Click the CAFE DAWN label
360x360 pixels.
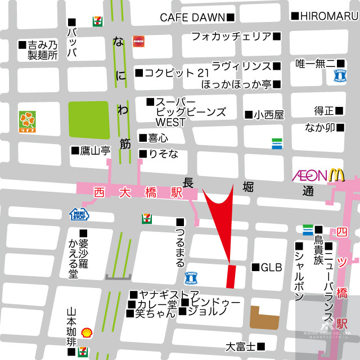[x=192, y=17]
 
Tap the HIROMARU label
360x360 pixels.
[x=328, y=17]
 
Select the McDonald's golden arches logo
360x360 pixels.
[x=336, y=175]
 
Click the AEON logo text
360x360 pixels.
[x=309, y=175]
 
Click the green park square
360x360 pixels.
[x=89, y=120]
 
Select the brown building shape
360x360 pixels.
[x=264, y=318]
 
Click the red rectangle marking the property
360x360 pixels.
[x=231, y=276]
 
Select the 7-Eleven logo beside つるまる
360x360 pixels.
[x=146, y=217]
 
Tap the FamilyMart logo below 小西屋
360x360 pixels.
[x=277, y=143]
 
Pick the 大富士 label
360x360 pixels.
[x=241, y=346]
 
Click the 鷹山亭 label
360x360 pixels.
[x=93, y=150]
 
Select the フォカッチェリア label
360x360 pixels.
[x=231, y=37]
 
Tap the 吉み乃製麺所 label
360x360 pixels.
[x=43, y=49]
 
